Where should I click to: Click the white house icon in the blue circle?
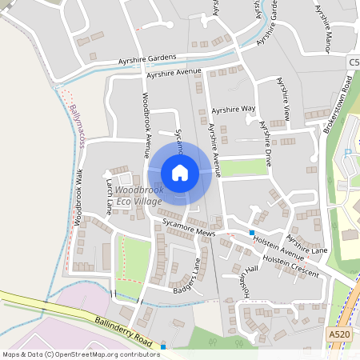pyautogui.click(x=180, y=172)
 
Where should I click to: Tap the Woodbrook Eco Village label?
pyautogui.click(x=139, y=195)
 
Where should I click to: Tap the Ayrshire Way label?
pyautogui.click(x=234, y=109)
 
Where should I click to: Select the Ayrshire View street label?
pyautogui.click(x=283, y=98)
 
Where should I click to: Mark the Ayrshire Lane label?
pyautogui.click(x=306, y=242)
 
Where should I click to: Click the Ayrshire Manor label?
pyautogui.click(x=322, y=28)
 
